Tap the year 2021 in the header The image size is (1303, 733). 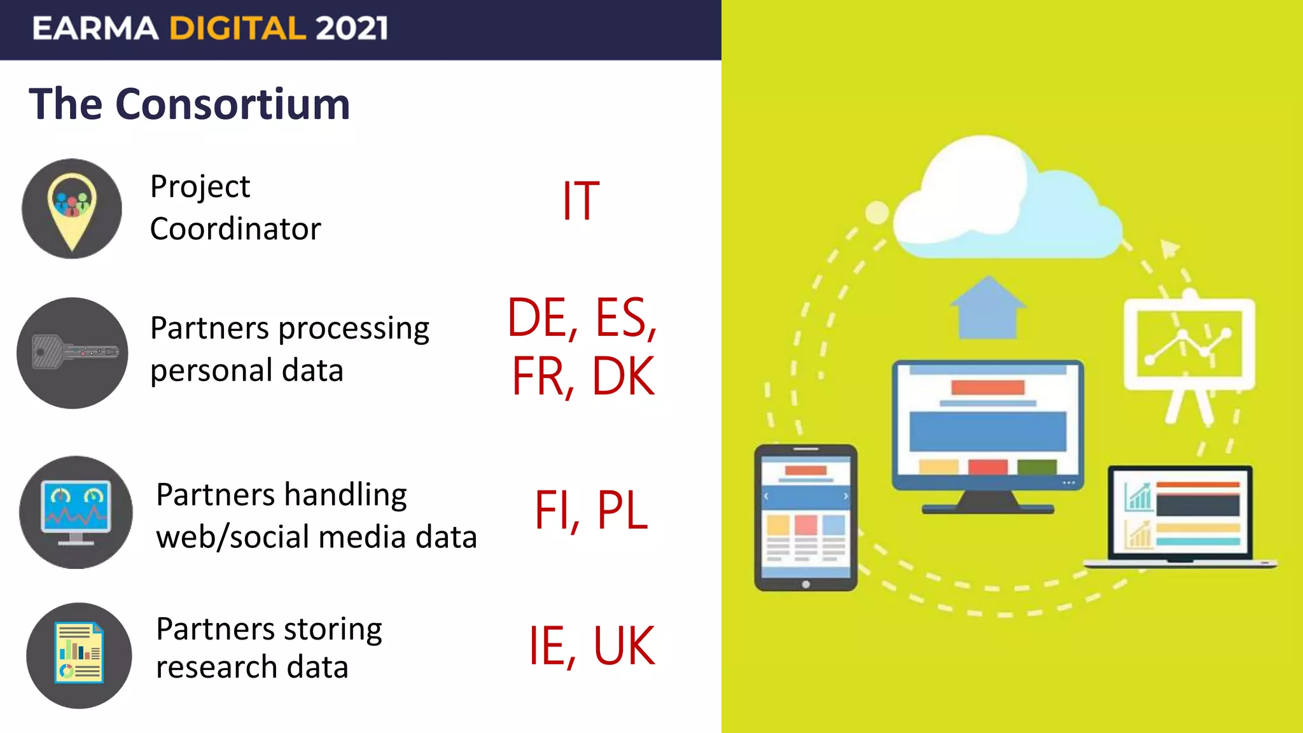[x=351, y=29]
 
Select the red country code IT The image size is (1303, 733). [x=580, y=202]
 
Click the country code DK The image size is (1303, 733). [x=623, y=377]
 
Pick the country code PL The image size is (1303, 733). [x=622, y=510]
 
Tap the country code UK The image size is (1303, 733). [x=624, y=646]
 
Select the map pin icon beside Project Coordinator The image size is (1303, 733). [x=72, y=209]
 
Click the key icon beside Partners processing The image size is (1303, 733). [x=73, y=353]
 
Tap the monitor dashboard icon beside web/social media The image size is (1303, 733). [x=76, y=512]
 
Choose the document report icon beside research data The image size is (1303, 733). [x=79, y=655]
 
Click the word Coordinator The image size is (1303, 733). [x=235, y=229]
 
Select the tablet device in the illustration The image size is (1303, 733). [x=805, y=517]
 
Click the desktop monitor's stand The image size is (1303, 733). [x=987, y=503]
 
